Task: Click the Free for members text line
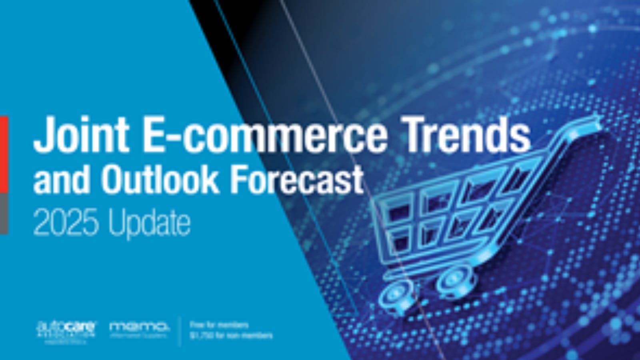tap(219, 325)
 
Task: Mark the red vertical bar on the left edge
tap(4, 154)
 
